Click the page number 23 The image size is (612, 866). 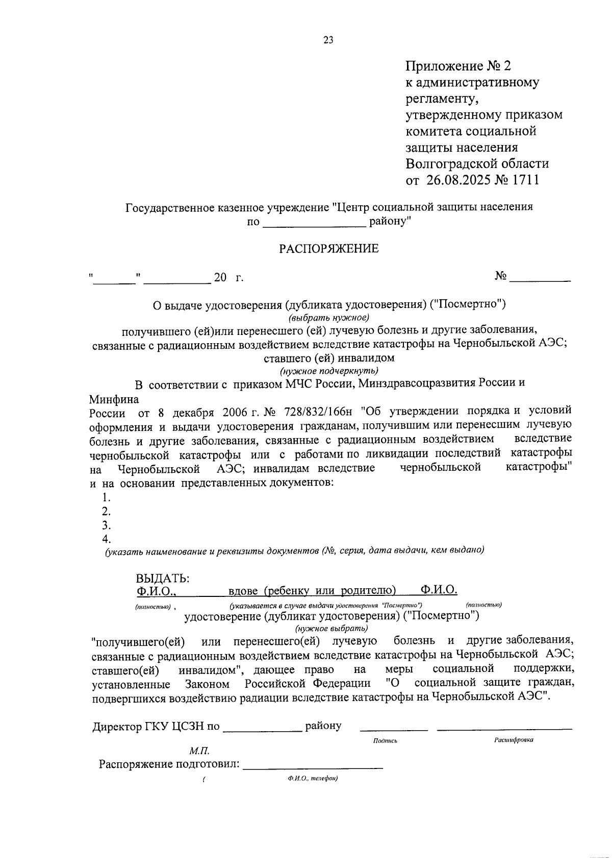[x=328, y=40]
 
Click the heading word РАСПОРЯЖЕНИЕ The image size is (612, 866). [x=328, y=249]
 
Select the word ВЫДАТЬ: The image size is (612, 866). [x=163, y=578]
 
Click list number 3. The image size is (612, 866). [x=106, y=525]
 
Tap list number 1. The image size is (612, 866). [x=106, y=497]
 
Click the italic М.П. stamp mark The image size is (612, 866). [x=199, y=751]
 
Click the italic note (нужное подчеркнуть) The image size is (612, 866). [x=329, y=370]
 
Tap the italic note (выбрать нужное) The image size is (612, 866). [x=328, y=317]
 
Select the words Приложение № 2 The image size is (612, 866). [x=457, y=66]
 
